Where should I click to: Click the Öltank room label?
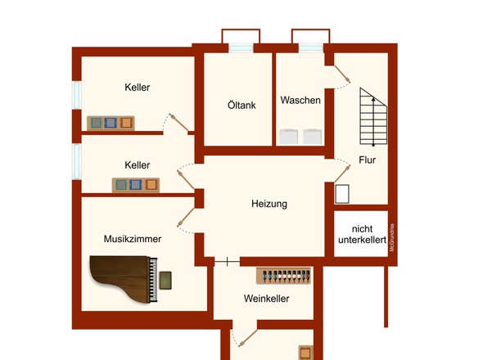pos(237,106)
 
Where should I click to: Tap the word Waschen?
pos(300,101)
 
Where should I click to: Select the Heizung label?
pos(269,204)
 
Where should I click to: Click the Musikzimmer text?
pos(132,239)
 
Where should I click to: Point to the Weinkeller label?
pos(266,299)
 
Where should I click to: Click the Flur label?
pos(367,160)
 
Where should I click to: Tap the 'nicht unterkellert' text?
pos(360,234)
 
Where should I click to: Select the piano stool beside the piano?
pos(166,281)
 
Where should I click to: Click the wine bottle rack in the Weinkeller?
pos(284,275)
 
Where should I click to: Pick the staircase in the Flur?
pos(372,117)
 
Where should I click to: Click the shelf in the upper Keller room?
pos(111,123)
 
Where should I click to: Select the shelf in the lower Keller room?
pos(135,184)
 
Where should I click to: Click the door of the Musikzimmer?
pos(186,216)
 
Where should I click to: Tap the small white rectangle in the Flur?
pos(343,194)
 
